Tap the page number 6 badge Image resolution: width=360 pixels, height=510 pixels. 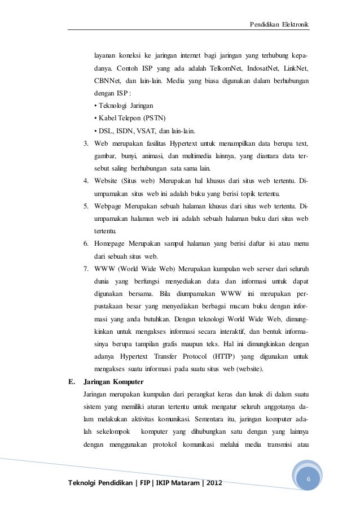click(x=308, y=480)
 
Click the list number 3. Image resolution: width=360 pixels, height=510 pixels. click(x=85, y=143)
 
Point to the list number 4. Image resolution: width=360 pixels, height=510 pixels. click(x=85, y=181)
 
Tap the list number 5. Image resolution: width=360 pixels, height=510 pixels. click(x=85, y=206)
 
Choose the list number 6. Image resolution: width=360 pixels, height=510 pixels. click(x=85, y=243)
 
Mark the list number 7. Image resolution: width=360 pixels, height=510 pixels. click(x=85, y=268)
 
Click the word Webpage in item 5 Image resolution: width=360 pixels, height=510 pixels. click(x=111, y=206)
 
